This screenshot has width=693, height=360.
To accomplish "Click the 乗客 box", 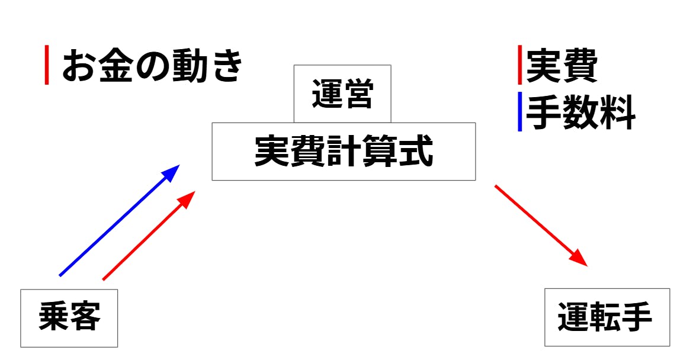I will (69, 318).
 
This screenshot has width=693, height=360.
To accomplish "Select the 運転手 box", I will (607, 317).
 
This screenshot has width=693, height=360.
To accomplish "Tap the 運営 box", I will (342, 95).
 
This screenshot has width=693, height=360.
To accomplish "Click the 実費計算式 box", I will (344, 152).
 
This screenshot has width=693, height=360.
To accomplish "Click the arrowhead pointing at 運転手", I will (579, 259).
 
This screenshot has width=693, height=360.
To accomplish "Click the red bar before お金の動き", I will (47, 66).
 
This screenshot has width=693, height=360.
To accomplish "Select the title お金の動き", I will (152, 66).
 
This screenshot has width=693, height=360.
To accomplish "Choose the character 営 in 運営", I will (358, 95).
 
